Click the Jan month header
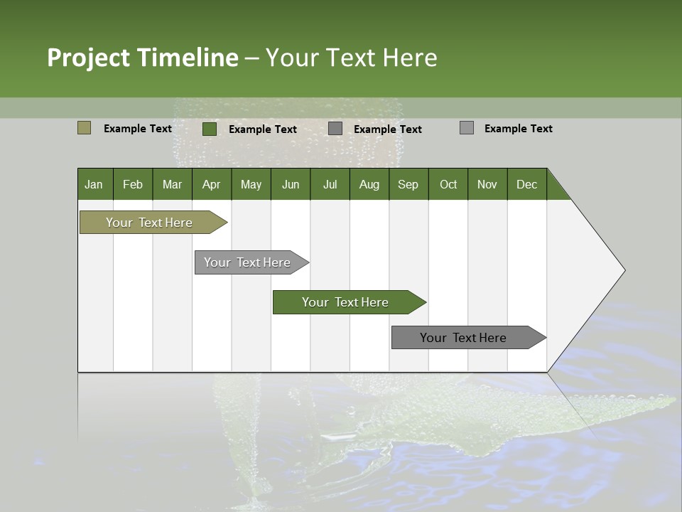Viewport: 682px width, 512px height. click(94, 184)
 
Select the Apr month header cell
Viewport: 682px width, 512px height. click(212, 184)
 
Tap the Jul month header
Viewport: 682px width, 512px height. click(330, 184)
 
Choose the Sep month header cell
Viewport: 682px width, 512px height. click(408, 184)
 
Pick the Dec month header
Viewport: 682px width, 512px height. click(526, 184)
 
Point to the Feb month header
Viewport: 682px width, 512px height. click(133, 184)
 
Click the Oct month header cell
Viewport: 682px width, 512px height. click(448, 184)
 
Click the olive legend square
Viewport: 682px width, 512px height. click(84, 128)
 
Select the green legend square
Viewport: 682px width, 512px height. click(210, 129)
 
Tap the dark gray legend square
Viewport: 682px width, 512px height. click(335, 129)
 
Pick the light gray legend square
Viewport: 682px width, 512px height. click(466, 128)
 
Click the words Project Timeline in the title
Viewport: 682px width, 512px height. click(143, 58)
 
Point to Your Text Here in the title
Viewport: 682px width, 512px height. click(352, 58)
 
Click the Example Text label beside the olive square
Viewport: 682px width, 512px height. click(138, 129)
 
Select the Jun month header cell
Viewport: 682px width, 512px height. click(291, 184)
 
